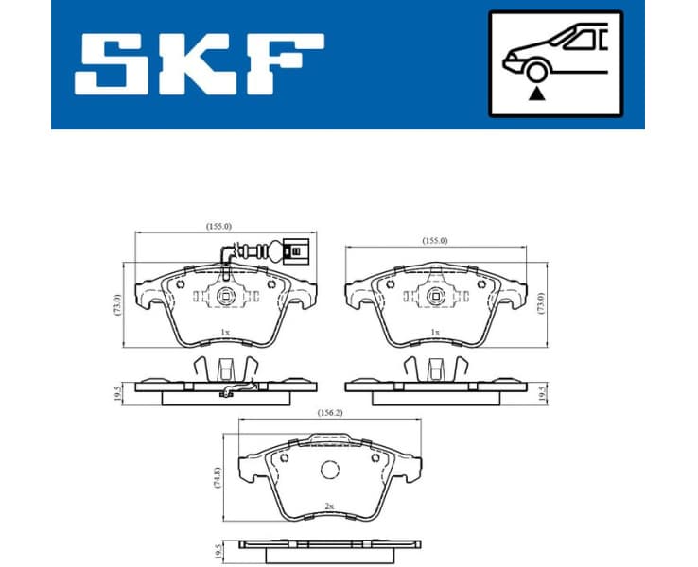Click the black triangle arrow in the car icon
click(x=537, y=93)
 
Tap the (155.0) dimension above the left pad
click(x=219, y=226)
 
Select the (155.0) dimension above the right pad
click(x=435, y=241)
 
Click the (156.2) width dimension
click(x=328, y=412)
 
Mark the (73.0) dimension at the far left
click(x=118, y=303)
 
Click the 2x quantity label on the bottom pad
click(x=328, y=506)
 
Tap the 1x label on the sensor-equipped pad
click(x=224, y=333)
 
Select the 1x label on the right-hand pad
click(x=435, y=333)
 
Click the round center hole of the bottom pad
click(x=330, y=470)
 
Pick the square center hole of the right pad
click(x=435, y=297)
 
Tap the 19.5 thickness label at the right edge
click(x=541, y=391)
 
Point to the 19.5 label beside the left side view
click(x=118, y=391)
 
